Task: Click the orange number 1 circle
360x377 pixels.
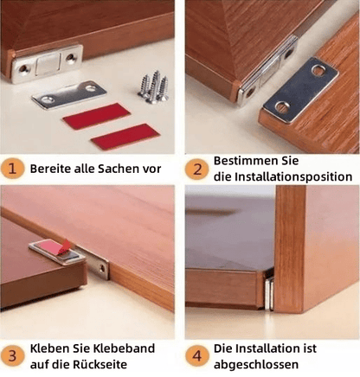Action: tap(14, 169)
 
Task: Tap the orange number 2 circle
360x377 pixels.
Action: tap(196, 169)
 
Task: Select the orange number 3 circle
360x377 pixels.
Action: tap(14, 356)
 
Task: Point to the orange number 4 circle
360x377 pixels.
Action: tap(196, 356)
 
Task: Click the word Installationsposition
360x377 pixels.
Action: tap(291, 177)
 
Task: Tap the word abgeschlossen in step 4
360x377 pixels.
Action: tap(255, 365)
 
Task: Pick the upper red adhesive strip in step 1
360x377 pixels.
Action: tap(96, 115)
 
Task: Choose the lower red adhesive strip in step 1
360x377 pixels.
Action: tap(125, 136)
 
